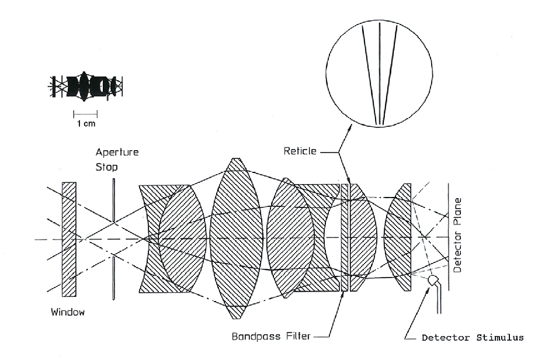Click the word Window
[x=68, y=312]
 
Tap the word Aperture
[x=117, y=153]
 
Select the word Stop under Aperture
[x=107, y=167]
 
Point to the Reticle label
[x=300, y=151]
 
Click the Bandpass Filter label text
[x=271, y=337]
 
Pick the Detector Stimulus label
[x=473, y=338]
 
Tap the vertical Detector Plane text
[x=457, y=236]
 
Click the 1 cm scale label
[x=86, y=124]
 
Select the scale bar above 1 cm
[x=85, y=114]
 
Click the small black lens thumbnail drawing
[x=85, y=86]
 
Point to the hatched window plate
[x=69, y=239]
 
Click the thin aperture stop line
[x=113, y=239]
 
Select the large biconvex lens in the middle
[x=236, y=238]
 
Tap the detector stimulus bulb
[x=433, y=281]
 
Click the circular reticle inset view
[x=379, y=74]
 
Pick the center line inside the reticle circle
[x=380, y=74]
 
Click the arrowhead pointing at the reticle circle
[x=349, y=129]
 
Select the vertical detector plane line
[x=449, y=237]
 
